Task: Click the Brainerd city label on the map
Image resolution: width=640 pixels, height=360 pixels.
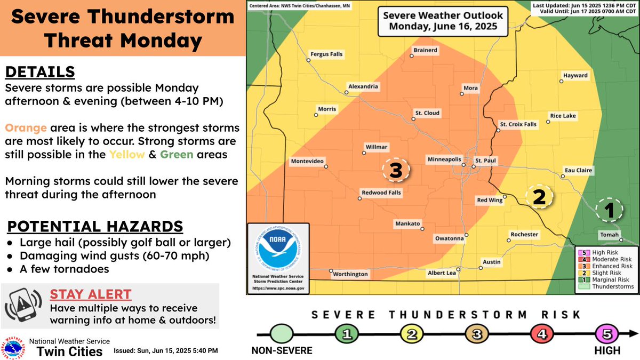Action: coord(426,50)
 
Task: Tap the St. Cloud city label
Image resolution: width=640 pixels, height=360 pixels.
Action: coord(428,113)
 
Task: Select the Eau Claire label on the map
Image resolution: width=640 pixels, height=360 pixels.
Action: coord(578,171)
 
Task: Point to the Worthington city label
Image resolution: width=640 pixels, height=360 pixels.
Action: coord(350,274)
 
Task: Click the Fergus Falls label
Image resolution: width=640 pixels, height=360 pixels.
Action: coord(327,54)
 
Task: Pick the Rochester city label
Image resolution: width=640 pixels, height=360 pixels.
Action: coord(524,235)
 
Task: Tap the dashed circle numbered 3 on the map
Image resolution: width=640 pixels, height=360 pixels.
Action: coord(395,170)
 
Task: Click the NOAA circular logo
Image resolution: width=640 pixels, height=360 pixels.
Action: coord(278,247)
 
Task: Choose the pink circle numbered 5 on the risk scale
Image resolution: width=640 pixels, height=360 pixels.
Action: coord(609,334)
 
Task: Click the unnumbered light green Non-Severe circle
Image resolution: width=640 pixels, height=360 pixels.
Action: coord(282,334)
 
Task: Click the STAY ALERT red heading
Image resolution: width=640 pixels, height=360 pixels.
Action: coord(90,294)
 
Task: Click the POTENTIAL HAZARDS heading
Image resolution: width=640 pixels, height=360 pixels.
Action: coord(94,226)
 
